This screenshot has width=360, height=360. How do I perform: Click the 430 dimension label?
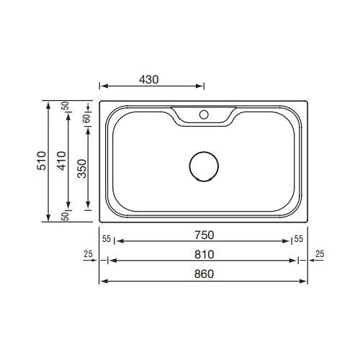coord(149,80)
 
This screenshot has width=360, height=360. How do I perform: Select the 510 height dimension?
coord(42,161)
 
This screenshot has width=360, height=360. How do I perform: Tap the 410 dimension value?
coord(62,161)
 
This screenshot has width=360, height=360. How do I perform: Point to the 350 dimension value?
coord(82,168)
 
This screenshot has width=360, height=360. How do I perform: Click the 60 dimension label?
coord(87,118)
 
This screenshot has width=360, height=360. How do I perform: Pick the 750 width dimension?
coord(204,235)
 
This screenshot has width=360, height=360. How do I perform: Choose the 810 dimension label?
coord(204,254)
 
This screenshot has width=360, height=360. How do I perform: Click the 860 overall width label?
coord(204,274)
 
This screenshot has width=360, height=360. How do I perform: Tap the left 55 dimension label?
coord(107,239)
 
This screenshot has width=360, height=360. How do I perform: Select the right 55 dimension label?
coord(299,239)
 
